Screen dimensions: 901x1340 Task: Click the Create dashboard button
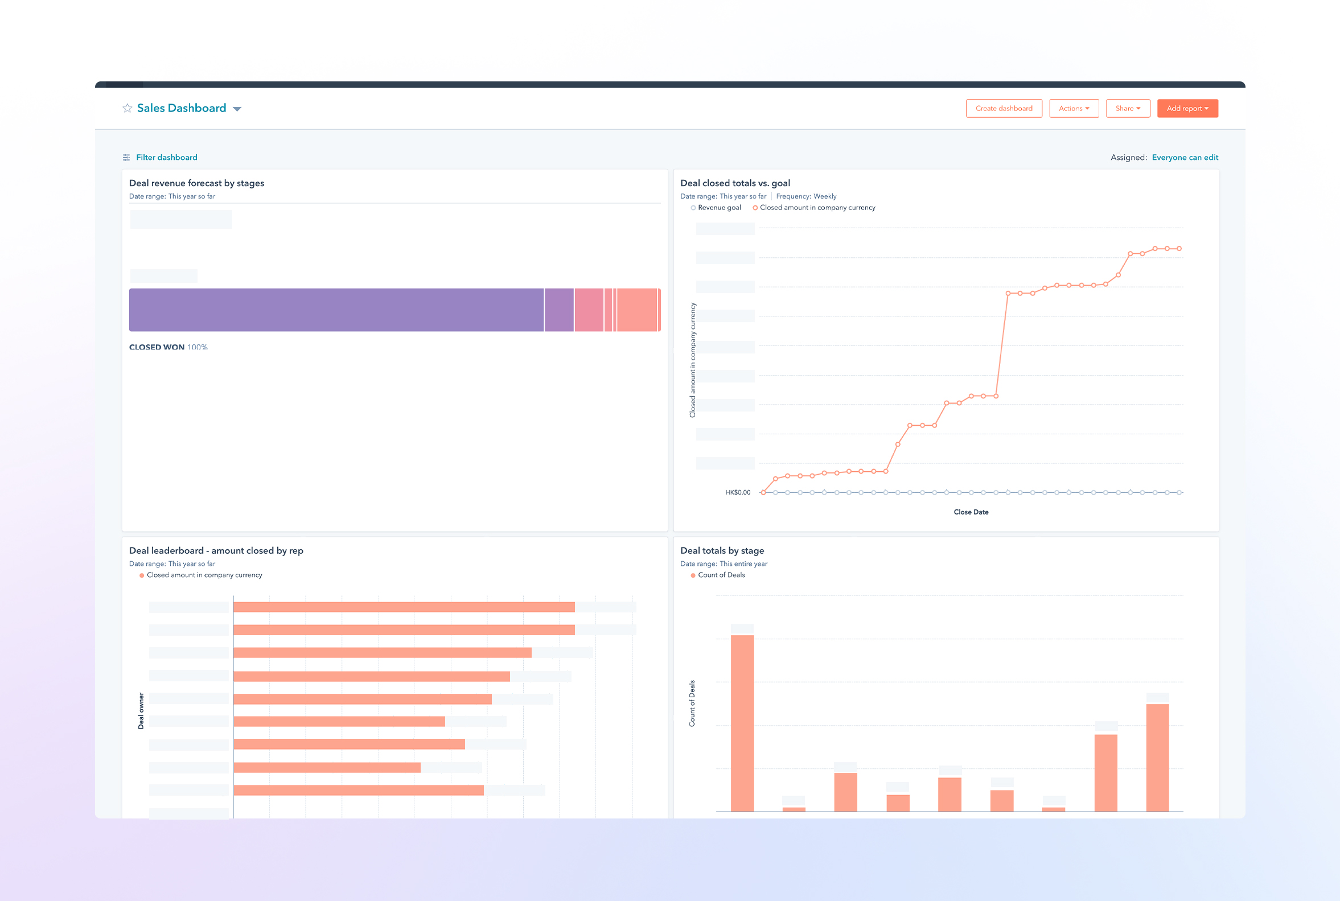[1003, 109]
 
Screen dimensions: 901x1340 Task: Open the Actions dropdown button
[1074, 109]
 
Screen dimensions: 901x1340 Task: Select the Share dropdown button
[1128, 109]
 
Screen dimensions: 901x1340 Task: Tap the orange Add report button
[1187, 109]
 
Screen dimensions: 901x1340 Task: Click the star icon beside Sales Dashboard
[128, 109]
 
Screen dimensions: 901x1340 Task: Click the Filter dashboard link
[166, 158]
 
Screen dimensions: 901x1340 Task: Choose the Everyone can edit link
[1184, 158]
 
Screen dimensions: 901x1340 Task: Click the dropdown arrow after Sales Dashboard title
[237, 109]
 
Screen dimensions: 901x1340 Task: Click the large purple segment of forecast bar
[336, 310]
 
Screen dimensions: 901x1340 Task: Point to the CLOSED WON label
[157, 347]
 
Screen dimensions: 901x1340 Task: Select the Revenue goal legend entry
[718, 208]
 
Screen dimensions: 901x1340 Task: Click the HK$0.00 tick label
[738, 492]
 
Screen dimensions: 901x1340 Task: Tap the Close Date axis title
[971, 512]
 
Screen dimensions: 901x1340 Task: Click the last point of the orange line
[1179, 249]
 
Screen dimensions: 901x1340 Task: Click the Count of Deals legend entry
[721, 575]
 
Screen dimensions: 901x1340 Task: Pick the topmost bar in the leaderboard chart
[404, 607]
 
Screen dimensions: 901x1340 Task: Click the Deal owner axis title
[141, 711]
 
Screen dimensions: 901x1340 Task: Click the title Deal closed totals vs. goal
[734, 183]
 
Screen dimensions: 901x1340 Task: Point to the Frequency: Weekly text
[805, 196]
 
